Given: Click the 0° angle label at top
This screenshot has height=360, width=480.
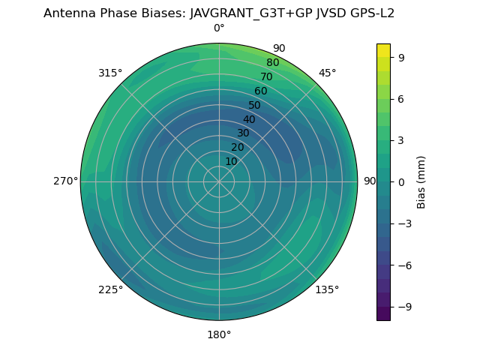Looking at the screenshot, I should pyautogui.click(x=219, y=28).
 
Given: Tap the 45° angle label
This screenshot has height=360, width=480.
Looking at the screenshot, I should pyautogui.click(x=327, y=73).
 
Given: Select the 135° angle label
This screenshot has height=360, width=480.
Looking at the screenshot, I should pyautogui.click(x=327, y=289).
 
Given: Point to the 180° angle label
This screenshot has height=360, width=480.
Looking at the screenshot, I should pyautogui.click(x=219, y=334).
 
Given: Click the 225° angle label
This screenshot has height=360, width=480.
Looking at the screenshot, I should pyautogui.click(x=110, y=289).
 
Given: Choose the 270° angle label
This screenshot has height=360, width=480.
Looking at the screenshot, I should pyautogui.click(x=66, y=181).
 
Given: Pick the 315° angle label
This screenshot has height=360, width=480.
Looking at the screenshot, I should pyautogui.click(x=110, y=73).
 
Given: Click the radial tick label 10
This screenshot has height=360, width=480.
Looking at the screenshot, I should pyautogui.click(x=231, y=161).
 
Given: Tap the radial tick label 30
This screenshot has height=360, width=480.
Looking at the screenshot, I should pyautogui.click(x=243, y=133).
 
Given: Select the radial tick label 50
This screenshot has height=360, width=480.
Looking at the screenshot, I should pyautogui.click(x=255, y=106).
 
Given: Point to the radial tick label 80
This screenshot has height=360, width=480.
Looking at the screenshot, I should pyautogui.click(x=272, y=63).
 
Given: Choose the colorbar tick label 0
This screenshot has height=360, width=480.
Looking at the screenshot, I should pyautogui.click(x=401, y=181).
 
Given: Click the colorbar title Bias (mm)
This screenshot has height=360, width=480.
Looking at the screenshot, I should pyautogui.click(x=421, y=182).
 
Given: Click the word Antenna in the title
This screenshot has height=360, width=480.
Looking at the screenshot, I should pyautogui.click(x=67, y=13).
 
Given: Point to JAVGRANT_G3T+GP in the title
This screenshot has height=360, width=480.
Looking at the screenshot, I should pyautogui.click(x=238, y=13).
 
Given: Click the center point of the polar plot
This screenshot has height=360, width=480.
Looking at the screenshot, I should pyautogui.click(x=219, y=181).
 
